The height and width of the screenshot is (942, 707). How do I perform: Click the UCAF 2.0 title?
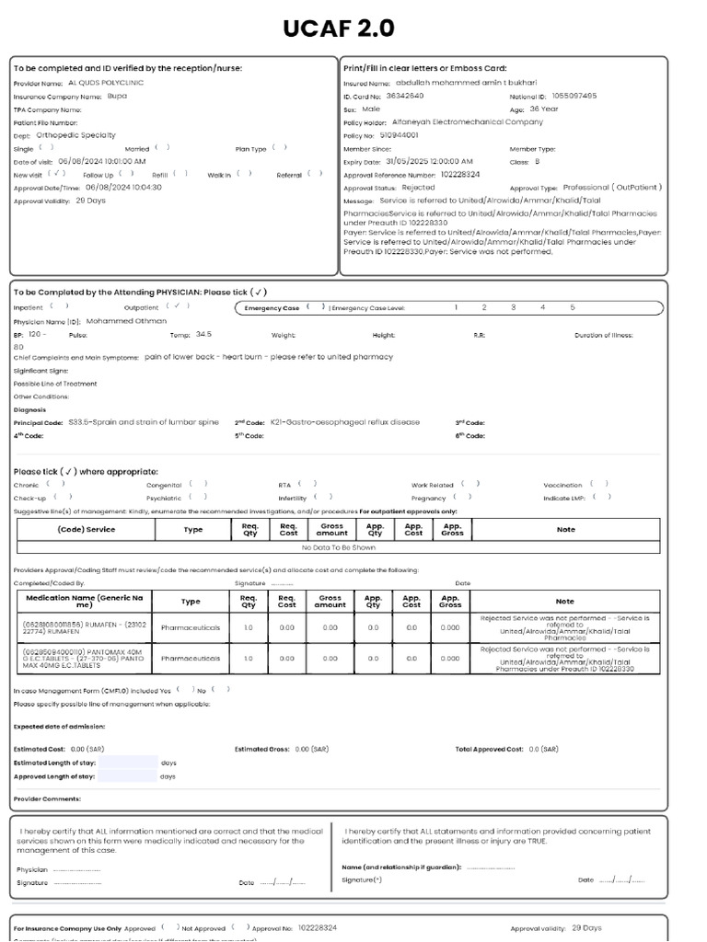tap(340, 29)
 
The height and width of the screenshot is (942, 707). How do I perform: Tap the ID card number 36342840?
tap(404, 95)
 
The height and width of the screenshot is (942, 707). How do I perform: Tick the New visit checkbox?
tap(58, 173)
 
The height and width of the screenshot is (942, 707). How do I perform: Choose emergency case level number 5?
tap(572, 307)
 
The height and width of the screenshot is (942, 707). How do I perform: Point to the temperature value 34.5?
tap(203, 334)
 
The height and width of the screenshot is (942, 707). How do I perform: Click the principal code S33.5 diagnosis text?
tap(145, 422)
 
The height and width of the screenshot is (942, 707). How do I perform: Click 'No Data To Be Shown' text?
tap(338, 546)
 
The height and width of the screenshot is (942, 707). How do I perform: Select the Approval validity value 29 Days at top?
tap(90, 200)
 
